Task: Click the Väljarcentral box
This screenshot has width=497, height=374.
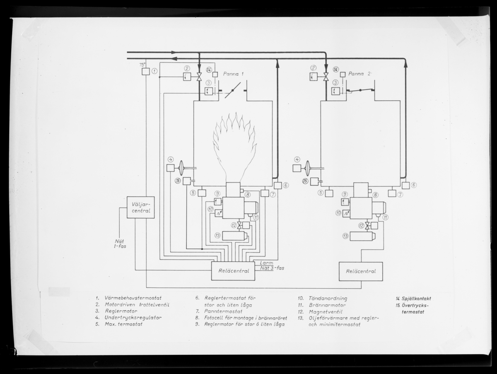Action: click(x=140, y=207)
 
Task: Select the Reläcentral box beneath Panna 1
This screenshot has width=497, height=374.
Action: click(x=233, y=271)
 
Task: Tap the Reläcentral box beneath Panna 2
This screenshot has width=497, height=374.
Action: click(x=361, y=271)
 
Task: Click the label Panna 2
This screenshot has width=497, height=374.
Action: click(x=359, y=74)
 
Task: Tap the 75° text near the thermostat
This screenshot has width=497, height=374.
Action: click(x=142, y=65)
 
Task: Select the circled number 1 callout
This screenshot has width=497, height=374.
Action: click(x=154, y=71)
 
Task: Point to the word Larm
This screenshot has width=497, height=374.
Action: click(x=266, y=263)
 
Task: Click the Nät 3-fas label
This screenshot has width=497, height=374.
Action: click(x=272, y=268)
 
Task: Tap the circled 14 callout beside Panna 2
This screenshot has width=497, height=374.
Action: click(x=335, y=69)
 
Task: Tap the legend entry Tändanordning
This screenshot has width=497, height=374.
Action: click(x=328, y=298)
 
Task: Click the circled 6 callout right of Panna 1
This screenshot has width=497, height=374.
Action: click(x=286, y=186)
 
